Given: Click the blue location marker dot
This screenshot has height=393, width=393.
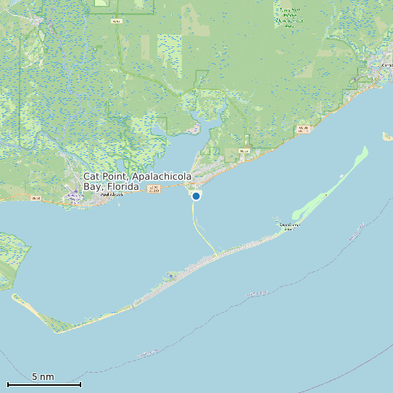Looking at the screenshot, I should (196, 196).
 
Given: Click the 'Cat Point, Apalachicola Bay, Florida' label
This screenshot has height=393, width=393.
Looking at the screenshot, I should (138, 181).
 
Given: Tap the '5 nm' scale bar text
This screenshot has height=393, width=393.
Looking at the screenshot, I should (43, 377).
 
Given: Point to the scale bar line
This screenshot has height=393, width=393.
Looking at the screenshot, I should (44, 384).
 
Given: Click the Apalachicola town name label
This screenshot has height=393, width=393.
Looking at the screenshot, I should (112, 194).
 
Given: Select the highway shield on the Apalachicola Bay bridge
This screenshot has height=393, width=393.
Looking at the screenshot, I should (153, 189).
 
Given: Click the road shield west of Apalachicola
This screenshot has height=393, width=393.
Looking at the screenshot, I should (36, 198).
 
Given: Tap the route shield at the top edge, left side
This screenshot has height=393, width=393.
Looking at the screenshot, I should (116, 21).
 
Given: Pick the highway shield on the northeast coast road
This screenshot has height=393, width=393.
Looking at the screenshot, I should (303, 129).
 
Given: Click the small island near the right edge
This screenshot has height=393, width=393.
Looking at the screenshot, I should (387, 136).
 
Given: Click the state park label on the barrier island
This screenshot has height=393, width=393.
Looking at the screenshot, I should (290, 227).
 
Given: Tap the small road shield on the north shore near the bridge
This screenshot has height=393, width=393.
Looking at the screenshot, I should (244, 151).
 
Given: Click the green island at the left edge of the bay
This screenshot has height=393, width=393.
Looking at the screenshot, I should (11, 254).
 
